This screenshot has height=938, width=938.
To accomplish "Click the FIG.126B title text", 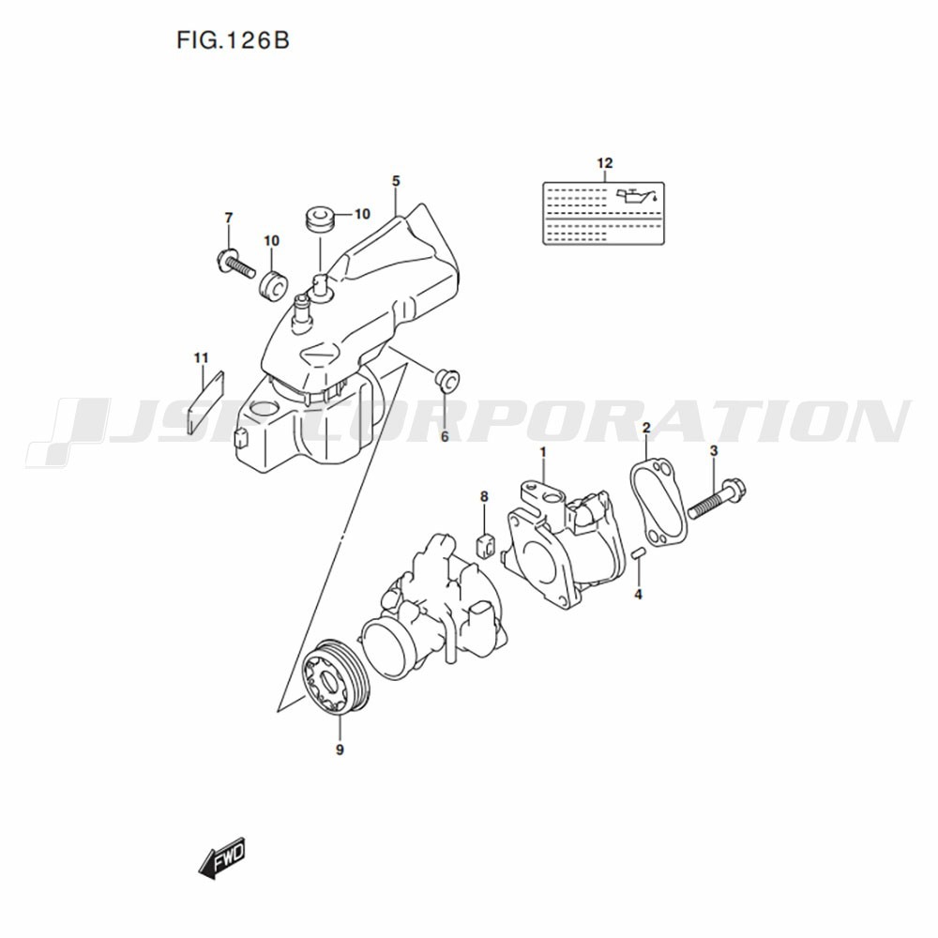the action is click(x=233, y=40).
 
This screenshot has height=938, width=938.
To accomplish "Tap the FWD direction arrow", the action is click(x=222, y=858).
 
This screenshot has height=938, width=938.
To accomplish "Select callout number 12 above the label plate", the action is click(x=605, y=162).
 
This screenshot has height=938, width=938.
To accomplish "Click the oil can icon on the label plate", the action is click(x=638, y=196).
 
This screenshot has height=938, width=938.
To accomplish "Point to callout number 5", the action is click(x=396, y=181).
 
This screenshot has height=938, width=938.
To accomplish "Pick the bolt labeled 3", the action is click(x=717, y=498).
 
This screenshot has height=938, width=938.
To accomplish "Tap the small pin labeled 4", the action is click(x=638, y=552).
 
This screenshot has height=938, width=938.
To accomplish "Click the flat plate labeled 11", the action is click(x=205, y=401).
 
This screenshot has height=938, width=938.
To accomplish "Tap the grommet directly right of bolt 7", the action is click(x=273, y=285).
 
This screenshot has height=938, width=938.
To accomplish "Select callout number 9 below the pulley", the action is click(x=340, y=750).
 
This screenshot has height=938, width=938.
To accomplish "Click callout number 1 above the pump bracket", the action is click(x=543, y=452).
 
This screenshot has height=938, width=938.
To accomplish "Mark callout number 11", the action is click(x=201, y=357).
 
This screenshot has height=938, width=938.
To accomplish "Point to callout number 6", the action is click(x=445, y=437).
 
